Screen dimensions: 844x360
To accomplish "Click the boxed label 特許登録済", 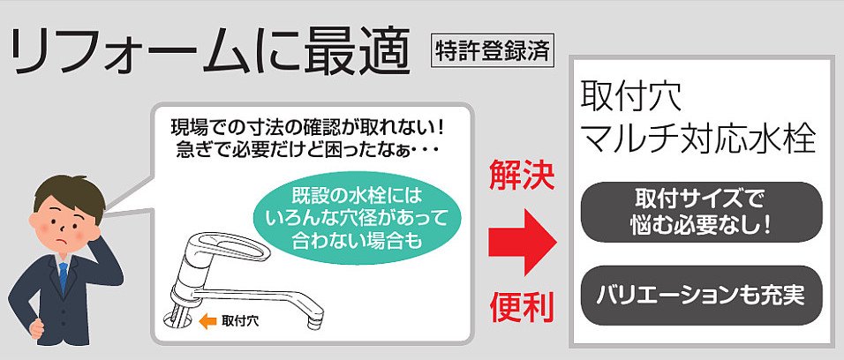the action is coord(493,53).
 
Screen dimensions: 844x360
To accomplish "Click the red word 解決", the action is coord(522,176).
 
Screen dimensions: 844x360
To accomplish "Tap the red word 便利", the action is coord(522,307).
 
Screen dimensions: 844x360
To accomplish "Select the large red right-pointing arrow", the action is coord(522,242).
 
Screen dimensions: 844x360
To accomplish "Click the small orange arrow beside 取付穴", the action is coord(207,322).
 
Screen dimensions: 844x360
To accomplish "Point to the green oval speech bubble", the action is coord(358,218).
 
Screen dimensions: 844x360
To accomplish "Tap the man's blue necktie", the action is coord(64,276).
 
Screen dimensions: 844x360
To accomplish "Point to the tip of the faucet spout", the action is coord(315,324).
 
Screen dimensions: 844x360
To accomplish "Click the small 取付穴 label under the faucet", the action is coord(240,322).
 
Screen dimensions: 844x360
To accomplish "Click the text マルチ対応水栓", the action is coord(699,140).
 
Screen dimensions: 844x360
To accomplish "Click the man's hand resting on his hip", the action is coord(36,327).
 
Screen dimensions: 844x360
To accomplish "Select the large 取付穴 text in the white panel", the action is coord(631,96).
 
